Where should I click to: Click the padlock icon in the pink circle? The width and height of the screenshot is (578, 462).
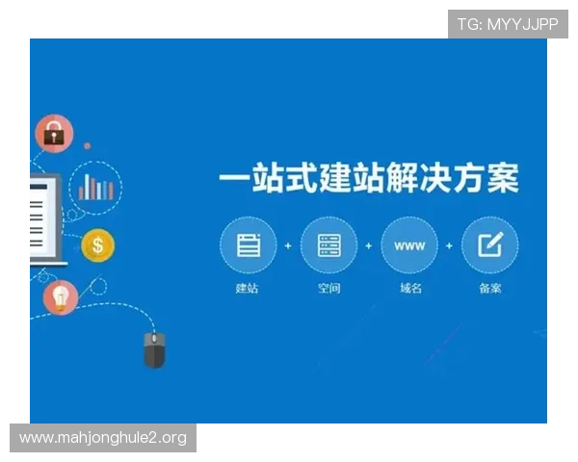point(54,134)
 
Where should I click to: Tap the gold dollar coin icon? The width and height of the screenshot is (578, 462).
point(96,245)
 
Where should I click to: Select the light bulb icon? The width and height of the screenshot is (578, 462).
point(61,297)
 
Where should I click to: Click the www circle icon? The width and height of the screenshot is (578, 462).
point(409,245)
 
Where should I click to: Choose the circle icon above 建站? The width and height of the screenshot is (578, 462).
point(248,245)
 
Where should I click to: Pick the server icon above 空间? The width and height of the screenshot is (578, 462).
point(328,245)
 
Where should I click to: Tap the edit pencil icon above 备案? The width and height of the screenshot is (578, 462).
point(489,245)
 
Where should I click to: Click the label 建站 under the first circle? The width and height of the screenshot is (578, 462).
point(248,289)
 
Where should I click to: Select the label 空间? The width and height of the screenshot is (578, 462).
point(328,289)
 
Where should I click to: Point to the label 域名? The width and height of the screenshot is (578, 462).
point(409,289)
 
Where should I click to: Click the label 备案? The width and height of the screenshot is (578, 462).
point(489,289)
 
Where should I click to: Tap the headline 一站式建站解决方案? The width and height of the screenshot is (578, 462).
point(369,180)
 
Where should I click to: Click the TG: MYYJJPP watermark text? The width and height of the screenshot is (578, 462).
point(508,24)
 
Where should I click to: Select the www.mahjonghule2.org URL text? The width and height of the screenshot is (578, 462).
point(103,439)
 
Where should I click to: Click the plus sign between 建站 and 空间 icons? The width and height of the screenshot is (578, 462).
point(288,246)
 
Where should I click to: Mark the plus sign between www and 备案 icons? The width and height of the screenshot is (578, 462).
point(449,246)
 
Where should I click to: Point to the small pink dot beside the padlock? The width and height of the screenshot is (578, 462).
point(87,146)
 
